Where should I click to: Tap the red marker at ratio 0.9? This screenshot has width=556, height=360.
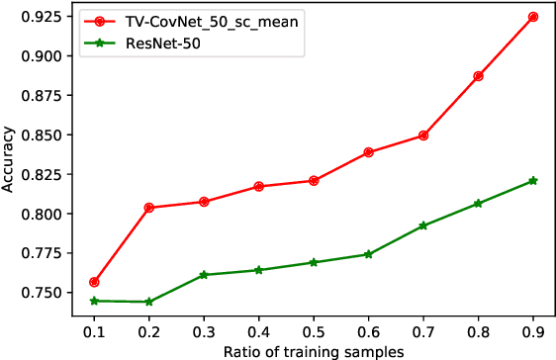(533, 17)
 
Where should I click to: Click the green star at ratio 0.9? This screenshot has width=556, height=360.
(533, 181)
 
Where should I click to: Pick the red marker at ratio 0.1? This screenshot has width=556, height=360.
(94, 283)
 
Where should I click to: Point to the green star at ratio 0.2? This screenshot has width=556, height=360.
(148, 302)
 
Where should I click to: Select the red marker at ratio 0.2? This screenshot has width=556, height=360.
(148, 208)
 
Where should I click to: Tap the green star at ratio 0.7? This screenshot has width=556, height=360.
(423, 225)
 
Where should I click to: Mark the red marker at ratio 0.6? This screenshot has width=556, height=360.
(368, 152)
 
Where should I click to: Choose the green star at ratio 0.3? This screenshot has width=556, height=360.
(204, 275)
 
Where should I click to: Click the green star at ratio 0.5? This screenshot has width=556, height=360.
(314, 262)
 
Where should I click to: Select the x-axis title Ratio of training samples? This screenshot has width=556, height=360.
(314, 350)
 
